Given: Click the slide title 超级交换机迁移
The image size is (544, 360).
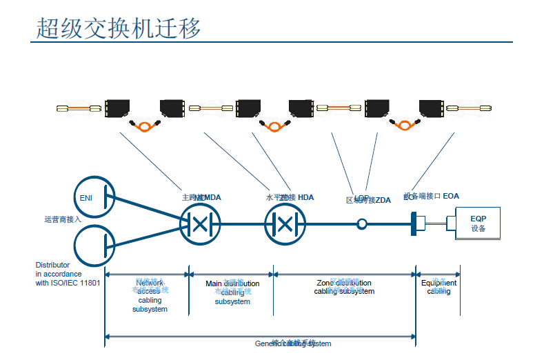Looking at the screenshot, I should point(118,28).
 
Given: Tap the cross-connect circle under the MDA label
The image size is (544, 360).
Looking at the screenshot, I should point(200,223).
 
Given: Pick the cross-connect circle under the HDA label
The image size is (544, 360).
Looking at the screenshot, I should point(285,223).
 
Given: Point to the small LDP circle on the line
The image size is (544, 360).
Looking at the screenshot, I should point(361,223).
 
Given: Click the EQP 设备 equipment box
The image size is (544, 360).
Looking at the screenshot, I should point(478,223).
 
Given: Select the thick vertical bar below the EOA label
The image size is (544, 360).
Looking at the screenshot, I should point(412,223).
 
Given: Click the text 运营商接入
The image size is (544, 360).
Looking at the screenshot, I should point(63,220).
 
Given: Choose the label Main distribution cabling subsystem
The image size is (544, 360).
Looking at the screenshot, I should point(232,292).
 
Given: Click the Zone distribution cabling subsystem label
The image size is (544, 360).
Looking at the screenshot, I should point(344,288).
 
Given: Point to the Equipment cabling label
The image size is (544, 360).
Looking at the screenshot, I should point(439,287).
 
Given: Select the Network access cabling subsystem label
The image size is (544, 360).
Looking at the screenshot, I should point(150,296).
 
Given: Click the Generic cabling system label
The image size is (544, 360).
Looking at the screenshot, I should point(292,343).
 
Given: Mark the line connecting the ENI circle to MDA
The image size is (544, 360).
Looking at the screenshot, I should point(145,210).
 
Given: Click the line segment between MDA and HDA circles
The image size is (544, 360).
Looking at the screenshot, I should point(243,223).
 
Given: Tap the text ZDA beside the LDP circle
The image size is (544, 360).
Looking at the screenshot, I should point(383,200).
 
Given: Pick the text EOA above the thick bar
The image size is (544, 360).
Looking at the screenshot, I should point(451,197).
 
